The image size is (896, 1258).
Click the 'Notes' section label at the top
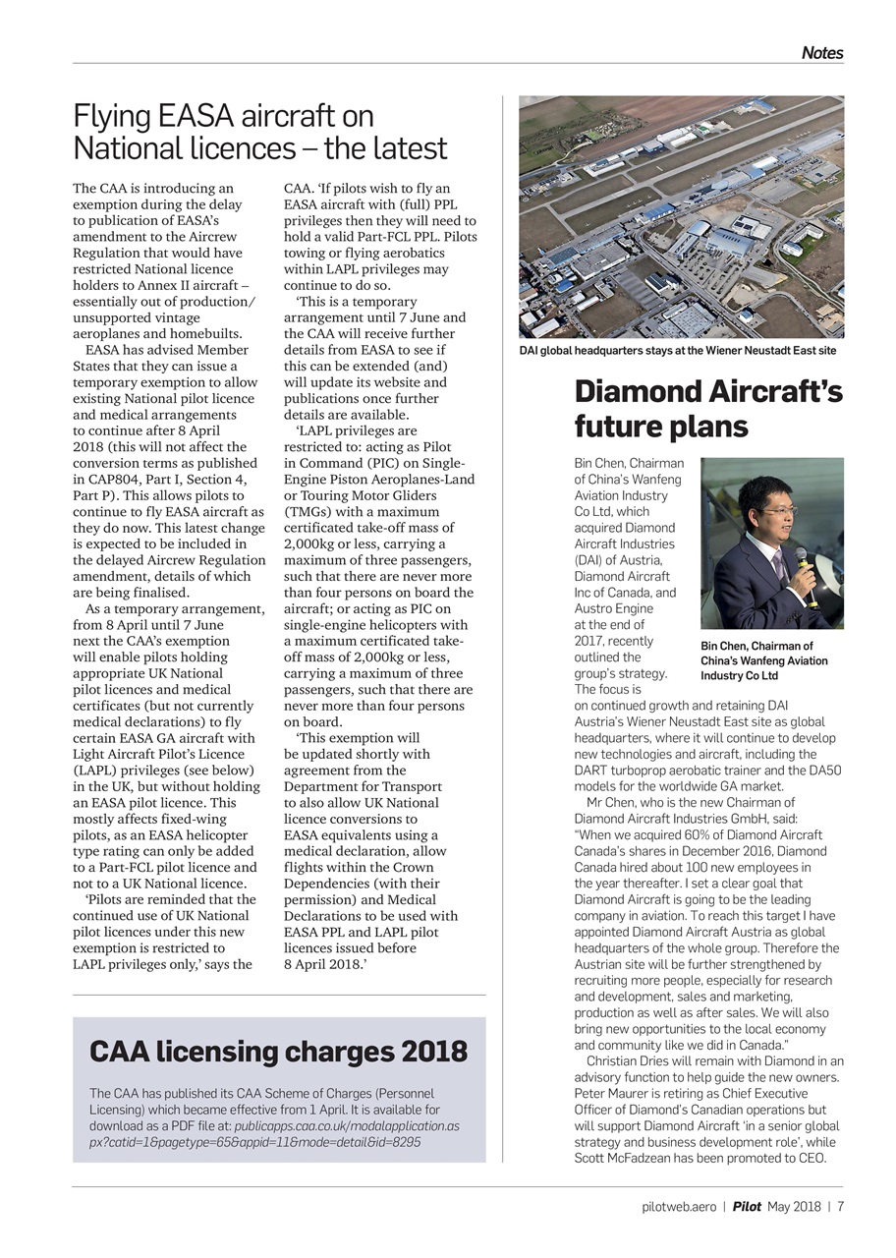point(821,53)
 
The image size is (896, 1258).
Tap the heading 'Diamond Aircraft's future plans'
point(707,408)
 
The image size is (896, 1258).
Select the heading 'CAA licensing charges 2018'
point(278,1052)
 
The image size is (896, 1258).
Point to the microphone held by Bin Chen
point(804,567)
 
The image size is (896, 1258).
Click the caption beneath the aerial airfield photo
point(677,351)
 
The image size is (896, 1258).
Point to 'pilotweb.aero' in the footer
point(678,1207)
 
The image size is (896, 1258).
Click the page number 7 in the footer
point(841,1207)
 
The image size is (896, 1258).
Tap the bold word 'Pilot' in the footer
point(747,1207)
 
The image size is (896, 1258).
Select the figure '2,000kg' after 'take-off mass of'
point(312,543)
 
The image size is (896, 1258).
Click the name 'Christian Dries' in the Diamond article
point(633,1061)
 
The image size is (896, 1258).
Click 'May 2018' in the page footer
point(794,1207)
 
